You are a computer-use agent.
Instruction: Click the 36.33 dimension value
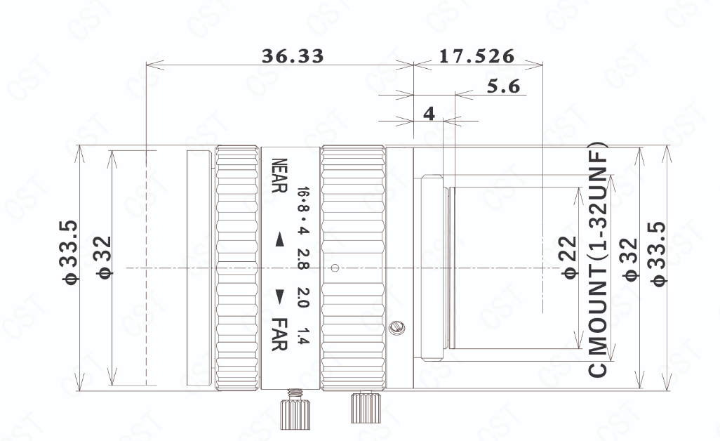point(293,56)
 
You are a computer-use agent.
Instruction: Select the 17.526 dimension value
point(476,56)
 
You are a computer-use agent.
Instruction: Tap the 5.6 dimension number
point(503,86)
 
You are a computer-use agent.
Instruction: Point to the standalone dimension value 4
point(429,113)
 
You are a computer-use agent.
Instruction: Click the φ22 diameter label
point(569,257)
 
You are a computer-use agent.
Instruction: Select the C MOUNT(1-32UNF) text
point(598,260)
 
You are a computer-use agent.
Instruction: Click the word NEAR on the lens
point(279,176)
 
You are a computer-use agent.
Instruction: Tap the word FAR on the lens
point(279,334)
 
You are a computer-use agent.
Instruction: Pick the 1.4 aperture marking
point(304,336)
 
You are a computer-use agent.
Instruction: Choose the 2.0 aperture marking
point(304,298)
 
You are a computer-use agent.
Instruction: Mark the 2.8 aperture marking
point(304,259)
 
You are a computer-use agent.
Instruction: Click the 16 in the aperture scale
point(304,192)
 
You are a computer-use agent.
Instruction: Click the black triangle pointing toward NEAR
point(279,239)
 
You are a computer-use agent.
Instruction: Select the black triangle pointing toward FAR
point(279,296)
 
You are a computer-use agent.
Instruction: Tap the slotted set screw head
point(396,327)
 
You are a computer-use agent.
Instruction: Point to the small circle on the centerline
point(335,268)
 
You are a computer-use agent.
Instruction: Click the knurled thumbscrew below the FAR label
point(295,409)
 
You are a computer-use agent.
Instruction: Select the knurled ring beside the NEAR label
point(237,268)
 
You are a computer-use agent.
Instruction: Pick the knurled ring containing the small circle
point(353,268)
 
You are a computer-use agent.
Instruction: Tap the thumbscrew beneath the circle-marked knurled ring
point(366,407)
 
